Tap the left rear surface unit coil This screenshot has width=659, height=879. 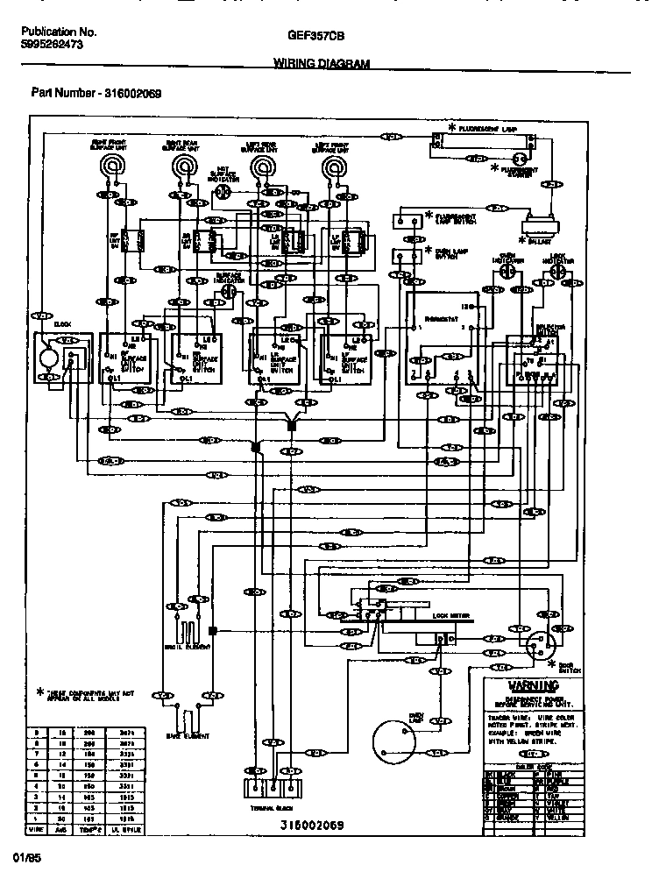click(260, 166)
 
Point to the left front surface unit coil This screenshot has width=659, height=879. click(334, 166)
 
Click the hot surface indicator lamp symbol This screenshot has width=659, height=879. click(224, 190)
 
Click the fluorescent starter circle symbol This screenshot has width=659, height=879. click(521, 159)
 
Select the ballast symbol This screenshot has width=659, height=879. click(539, 224)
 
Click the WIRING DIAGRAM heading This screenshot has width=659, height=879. click(322, 63)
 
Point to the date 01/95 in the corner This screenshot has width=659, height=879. click(24, 851)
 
